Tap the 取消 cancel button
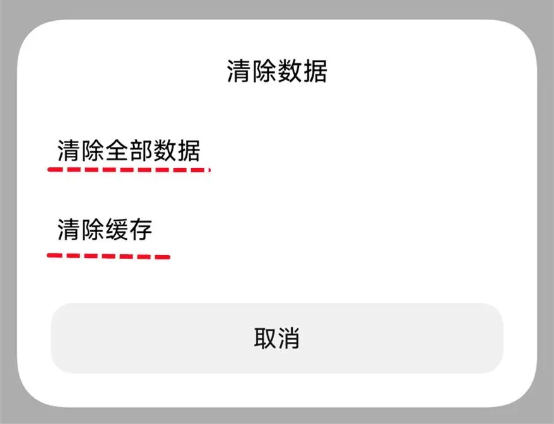[276, 339]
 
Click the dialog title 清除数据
[276, 71]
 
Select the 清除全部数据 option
[129, 151]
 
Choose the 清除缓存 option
[105, 229]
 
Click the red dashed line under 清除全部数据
[129, 169]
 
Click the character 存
[141, 229]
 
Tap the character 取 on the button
[265, 339]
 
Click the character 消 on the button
[288, 339]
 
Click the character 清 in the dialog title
[239, 71]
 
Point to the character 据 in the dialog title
[315, 71]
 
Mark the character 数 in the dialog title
[290, 71]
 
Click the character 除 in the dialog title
[264, 71]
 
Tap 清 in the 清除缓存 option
[69, 229]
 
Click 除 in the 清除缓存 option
[93, 229]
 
